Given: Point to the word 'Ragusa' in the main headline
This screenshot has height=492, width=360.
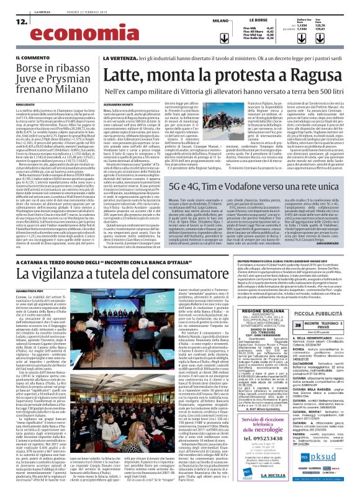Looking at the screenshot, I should (308, 76).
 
